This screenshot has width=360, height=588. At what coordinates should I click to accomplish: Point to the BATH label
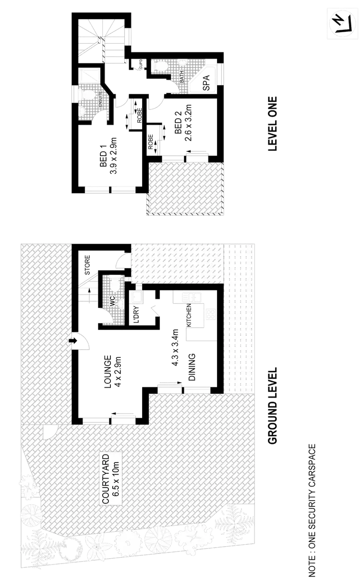(x=182, y=77)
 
